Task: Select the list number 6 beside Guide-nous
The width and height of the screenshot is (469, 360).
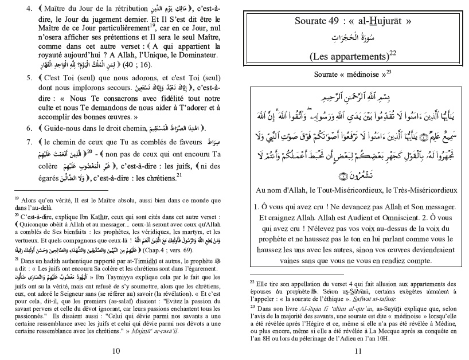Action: pyautogui.click(x=29, y=127)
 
